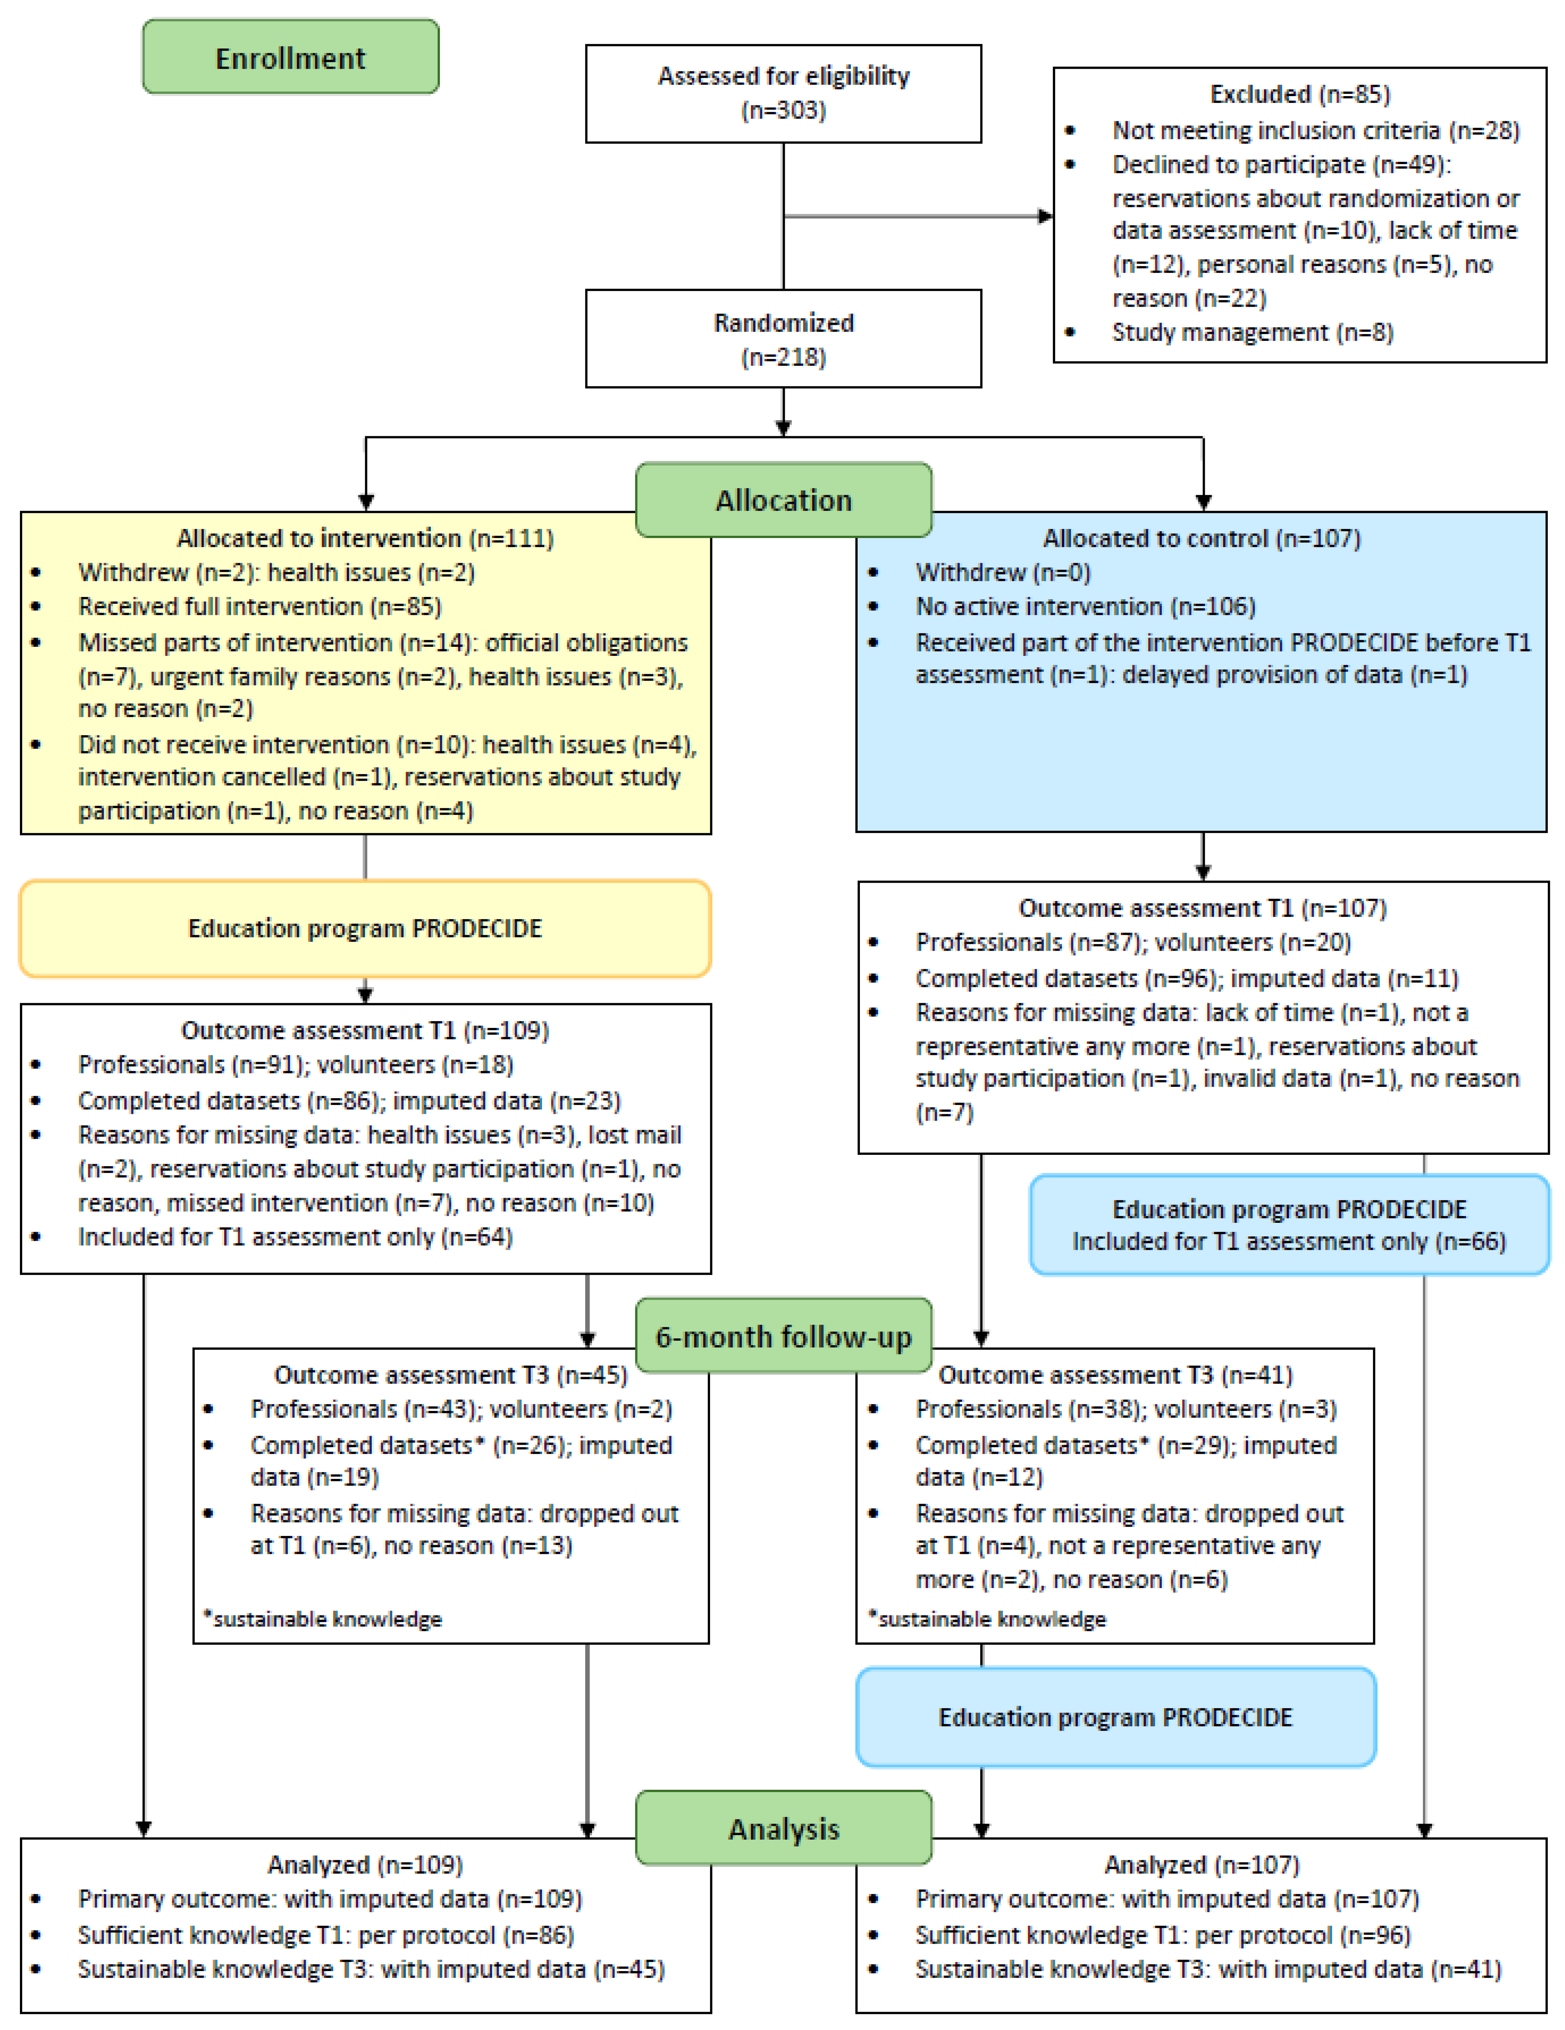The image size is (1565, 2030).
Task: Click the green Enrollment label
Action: [290, 57]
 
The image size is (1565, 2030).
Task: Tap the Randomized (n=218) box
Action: [783, 338]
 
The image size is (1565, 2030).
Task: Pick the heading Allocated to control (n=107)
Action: [1201, 538]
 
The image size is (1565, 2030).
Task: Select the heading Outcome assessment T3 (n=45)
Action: [450, 1375]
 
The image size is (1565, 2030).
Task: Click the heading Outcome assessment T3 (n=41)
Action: [1115, 1375]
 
